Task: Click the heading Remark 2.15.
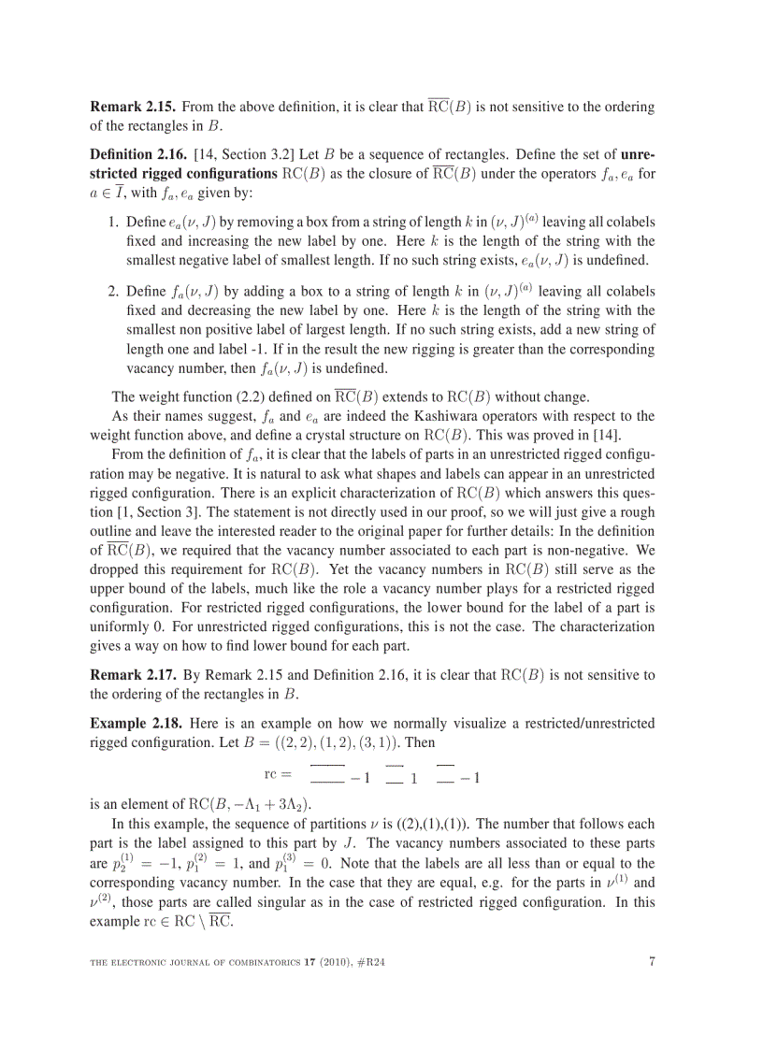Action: pyautogui.click(x=131, y=108)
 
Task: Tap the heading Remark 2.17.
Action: pyautogui.click(x=131, y=674)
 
